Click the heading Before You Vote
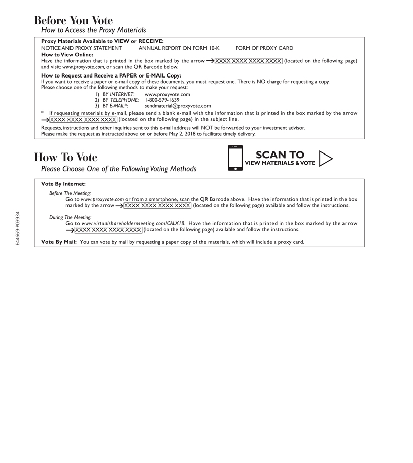click(74, 21)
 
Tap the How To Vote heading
click(66, 158)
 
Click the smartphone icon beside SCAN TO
click(235, 158)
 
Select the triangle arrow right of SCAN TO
click(326, 158)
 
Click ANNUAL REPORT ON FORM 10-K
click(179, 48)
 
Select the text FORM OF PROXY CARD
click(264, 48)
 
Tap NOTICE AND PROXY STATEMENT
click(82, 48)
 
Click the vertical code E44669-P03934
click(17, 227)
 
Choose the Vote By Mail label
click(58, 242)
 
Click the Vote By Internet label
click(63, 184)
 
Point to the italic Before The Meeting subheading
click(70, 193)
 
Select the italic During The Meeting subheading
click(70, 217)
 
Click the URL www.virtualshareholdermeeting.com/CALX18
click(133, 223)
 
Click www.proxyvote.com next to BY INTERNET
click(167, 94)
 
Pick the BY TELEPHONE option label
click(121, 100)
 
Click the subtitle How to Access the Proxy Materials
click(93, 30)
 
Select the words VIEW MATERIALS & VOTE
click(280, 163)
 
